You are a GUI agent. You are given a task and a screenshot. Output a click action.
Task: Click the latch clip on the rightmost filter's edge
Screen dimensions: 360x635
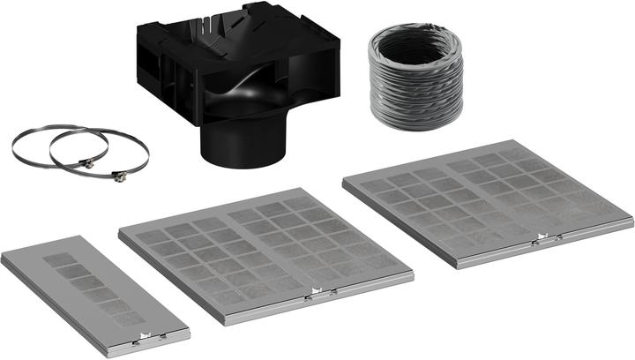point(542,239)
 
